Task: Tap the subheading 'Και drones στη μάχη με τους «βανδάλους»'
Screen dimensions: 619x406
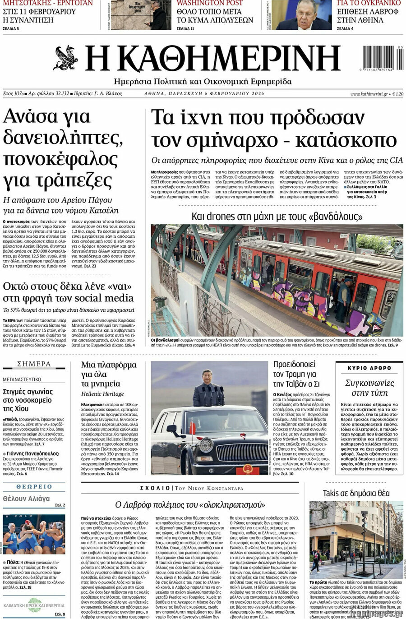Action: click(x=277, y=216)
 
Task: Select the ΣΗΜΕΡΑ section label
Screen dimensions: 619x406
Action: click(x=34, y=364)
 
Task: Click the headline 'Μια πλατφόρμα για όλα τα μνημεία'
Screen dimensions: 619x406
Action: click(x=108, y=374)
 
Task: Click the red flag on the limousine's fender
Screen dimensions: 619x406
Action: click(x=193, y=426)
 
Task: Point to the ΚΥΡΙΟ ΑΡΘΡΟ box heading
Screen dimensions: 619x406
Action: click(x=369, y=368)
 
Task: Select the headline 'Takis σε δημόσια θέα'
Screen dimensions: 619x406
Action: click(x=356, y=493)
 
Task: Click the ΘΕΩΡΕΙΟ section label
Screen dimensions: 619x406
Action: click(x=34, y=487)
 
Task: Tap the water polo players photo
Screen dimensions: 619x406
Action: click(x=34, y=534)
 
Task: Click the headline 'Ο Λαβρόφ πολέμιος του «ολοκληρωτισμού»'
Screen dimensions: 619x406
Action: click(x=190, y=504)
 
